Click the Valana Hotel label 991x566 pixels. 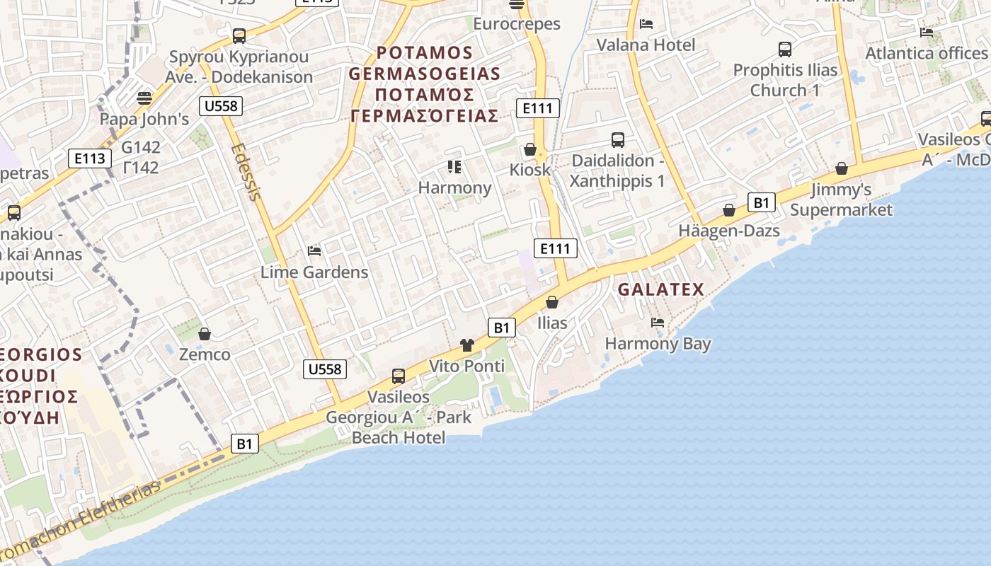coord(646,45)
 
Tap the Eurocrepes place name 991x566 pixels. coord(516,23)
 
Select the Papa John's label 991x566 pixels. coord(144,118)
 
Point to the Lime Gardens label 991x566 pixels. coord(314,272)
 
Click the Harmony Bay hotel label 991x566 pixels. coord(658,344)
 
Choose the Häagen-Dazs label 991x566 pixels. coord(729,231)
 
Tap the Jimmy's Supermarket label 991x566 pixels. coord(841,200)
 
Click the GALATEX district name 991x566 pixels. coord(661,289)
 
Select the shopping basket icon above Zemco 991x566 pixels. coord(205,333)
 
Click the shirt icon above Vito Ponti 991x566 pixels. coord(466,345)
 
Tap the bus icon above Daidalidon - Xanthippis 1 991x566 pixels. coord(618,140)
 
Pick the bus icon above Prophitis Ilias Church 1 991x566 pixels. coord(785,49)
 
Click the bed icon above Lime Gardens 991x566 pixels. coord(314,251)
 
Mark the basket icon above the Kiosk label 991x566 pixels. coord(529,149)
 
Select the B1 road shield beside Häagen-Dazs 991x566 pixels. coord(761,202)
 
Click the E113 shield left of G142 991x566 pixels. coord(90,158)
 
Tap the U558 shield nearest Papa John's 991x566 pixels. coord(222,106)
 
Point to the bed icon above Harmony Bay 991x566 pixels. coord(658,323)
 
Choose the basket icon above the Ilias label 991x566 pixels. coord(552,302)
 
